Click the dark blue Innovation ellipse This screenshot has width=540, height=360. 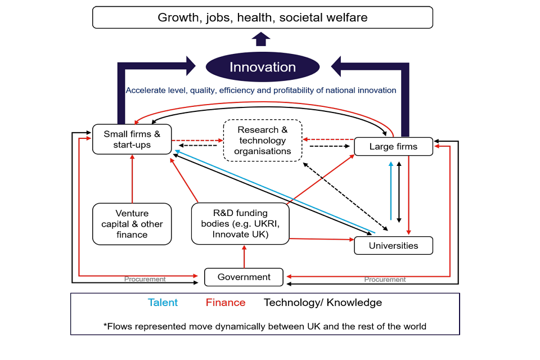(263, 67)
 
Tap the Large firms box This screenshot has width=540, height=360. (393, 147)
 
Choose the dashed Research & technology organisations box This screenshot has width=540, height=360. (263, 141)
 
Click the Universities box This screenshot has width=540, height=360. (393, 246)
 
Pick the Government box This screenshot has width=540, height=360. (244, 277)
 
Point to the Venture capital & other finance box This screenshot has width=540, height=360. (132, 224)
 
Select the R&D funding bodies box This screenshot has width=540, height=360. (240, 224)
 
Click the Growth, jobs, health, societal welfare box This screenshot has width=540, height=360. (263, 17)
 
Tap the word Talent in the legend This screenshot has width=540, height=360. (163, 303)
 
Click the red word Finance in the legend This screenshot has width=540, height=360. (226, 303)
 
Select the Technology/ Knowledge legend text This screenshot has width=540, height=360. (323, 303)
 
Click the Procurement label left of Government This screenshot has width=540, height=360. (145, 279)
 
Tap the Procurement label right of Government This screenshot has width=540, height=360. (385, 280)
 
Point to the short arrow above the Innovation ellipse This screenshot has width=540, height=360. (260, 39)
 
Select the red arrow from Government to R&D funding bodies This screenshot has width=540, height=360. (244, 256)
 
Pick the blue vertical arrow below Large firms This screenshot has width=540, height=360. (391, 191)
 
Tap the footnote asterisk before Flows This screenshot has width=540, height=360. (105, 326)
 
